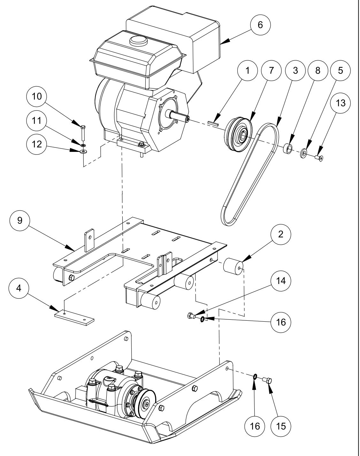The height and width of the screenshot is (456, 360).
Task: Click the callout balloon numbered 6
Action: (x=260, y=25)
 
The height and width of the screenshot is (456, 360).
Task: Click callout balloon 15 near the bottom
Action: (x=281, y=426)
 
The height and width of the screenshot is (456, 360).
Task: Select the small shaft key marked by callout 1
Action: (x=212, y=122)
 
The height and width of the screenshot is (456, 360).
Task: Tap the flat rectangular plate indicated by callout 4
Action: (x=75, y=318)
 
